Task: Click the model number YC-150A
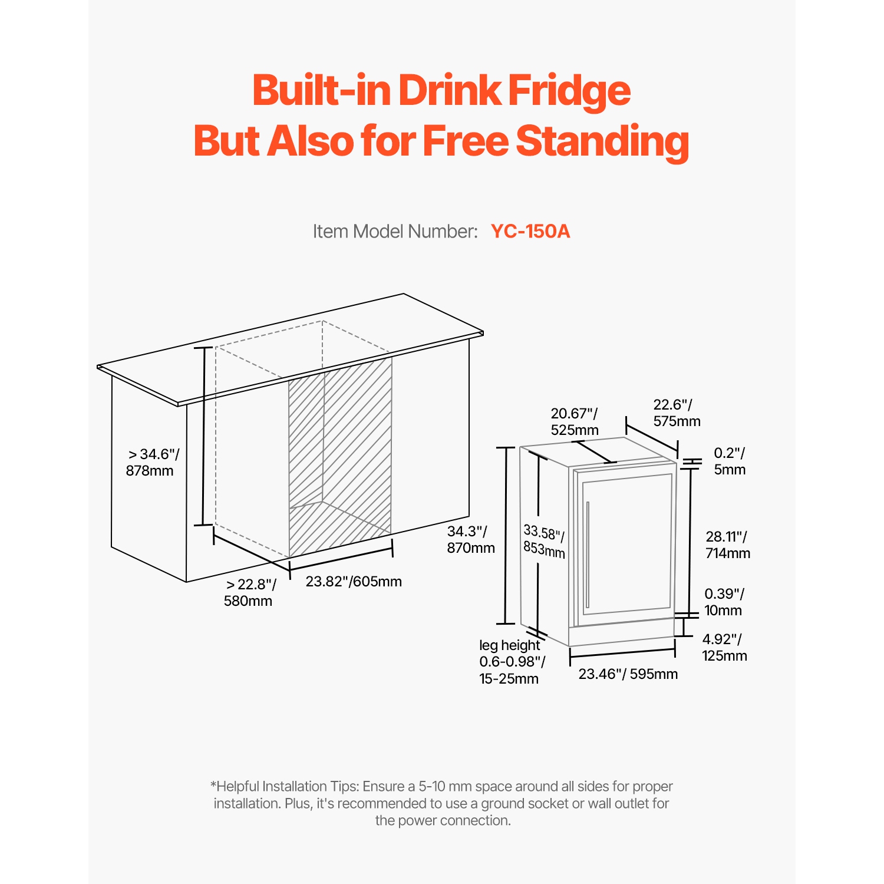(x=530, y=231)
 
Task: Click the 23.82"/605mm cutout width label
(x=354, y=582)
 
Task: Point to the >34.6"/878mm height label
(x=152, y=463)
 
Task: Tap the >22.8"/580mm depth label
(x=249, y=593)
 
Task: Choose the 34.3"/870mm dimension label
(x=470, y=540)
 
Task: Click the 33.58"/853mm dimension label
(x=544, y=542)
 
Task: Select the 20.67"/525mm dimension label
(x=575, y=422)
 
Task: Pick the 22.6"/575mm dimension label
(x=677, y=413)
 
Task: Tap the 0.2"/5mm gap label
(x=730, y=461)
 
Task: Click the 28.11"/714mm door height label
(x=728, y=545)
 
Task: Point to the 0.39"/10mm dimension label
(x=724, y=602)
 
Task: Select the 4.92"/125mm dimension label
(x=724, y=648)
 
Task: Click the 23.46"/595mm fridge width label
(x=628, y=674)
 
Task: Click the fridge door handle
(x=588, y=554)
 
